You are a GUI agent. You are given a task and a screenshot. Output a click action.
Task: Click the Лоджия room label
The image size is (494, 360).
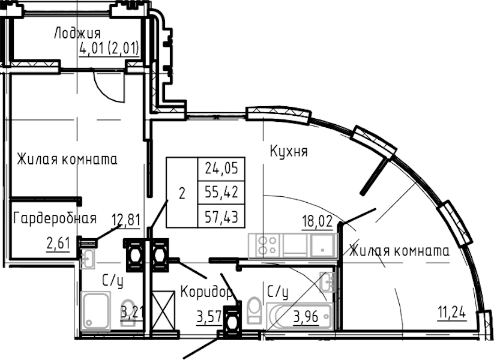point(77,34)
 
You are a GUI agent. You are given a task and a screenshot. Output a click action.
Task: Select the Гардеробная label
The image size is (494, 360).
point(55,218)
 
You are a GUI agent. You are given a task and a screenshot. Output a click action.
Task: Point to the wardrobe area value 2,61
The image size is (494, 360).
point(58,243)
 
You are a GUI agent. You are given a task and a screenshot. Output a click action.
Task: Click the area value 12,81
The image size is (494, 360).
point(126,220)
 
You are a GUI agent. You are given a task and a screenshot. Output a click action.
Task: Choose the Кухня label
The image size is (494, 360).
point(289,151)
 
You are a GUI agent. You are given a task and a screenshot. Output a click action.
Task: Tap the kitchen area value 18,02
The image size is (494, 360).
point(318,221)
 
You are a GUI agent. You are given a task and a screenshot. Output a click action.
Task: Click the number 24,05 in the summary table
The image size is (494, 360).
point(221,169)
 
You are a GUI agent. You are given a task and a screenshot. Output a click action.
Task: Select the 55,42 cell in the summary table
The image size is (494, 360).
point(221,193)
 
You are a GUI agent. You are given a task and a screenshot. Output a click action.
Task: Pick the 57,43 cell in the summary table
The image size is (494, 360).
point(221,216)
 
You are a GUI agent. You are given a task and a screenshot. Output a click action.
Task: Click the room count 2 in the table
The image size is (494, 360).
point(182,193)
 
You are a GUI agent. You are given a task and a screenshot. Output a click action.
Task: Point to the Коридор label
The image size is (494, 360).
point(206,292)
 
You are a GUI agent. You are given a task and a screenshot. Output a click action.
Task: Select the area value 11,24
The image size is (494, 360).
point(452,314)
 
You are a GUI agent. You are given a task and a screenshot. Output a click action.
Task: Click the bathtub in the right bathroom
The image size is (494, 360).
point(300,317)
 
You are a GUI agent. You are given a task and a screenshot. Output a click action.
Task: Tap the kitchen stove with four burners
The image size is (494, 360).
point(265,245)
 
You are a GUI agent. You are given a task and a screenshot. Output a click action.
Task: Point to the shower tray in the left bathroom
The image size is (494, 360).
point(96,311)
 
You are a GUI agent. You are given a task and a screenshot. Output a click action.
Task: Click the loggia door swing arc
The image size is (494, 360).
point(107,89)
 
